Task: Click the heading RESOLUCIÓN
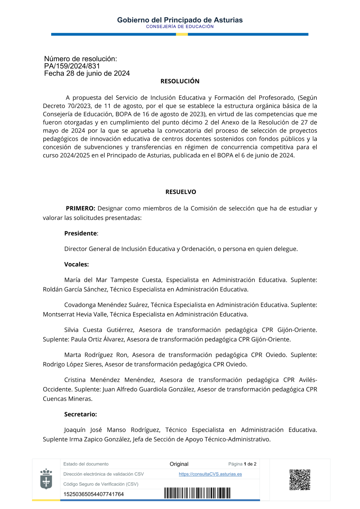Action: pyautogui.click(x=180, y=81)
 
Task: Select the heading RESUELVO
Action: pyautogui.click(x=181, y=192)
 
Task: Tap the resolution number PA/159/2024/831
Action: pyautogui.click(x=72, y=66)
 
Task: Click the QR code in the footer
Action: pyautogui.click(x=300, y=479)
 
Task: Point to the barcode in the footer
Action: pyautogui.click(x=197, y=493)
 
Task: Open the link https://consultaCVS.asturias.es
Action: pyautogui.click(x=210, y=474)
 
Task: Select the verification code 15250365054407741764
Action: pyautogui.click(x=94, y=494)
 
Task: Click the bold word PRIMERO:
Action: pyautogui.click(x=80, y=208)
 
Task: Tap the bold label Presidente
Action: pyautogui.click(x=81, y=233)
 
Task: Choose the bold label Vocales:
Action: pyautogui.click(x=76, y=264)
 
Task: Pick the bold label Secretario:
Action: pyautogui.click(x=80, y=414)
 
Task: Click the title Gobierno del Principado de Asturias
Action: pyautogui.click(x=180, y=20)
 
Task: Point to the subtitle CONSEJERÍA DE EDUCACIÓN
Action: pyautogui.click(x=180, y=27)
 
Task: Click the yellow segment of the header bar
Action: pyautogui.click(x=182, y=34)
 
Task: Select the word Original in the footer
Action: pyautogui.click(x=179, y=464)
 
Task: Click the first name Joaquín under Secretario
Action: pyautogui.click(x=75, y=430)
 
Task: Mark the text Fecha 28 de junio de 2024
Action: pyautogui.click(x=87, y=73)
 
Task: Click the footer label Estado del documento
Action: pyautogui.click(x=86, y=464)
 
